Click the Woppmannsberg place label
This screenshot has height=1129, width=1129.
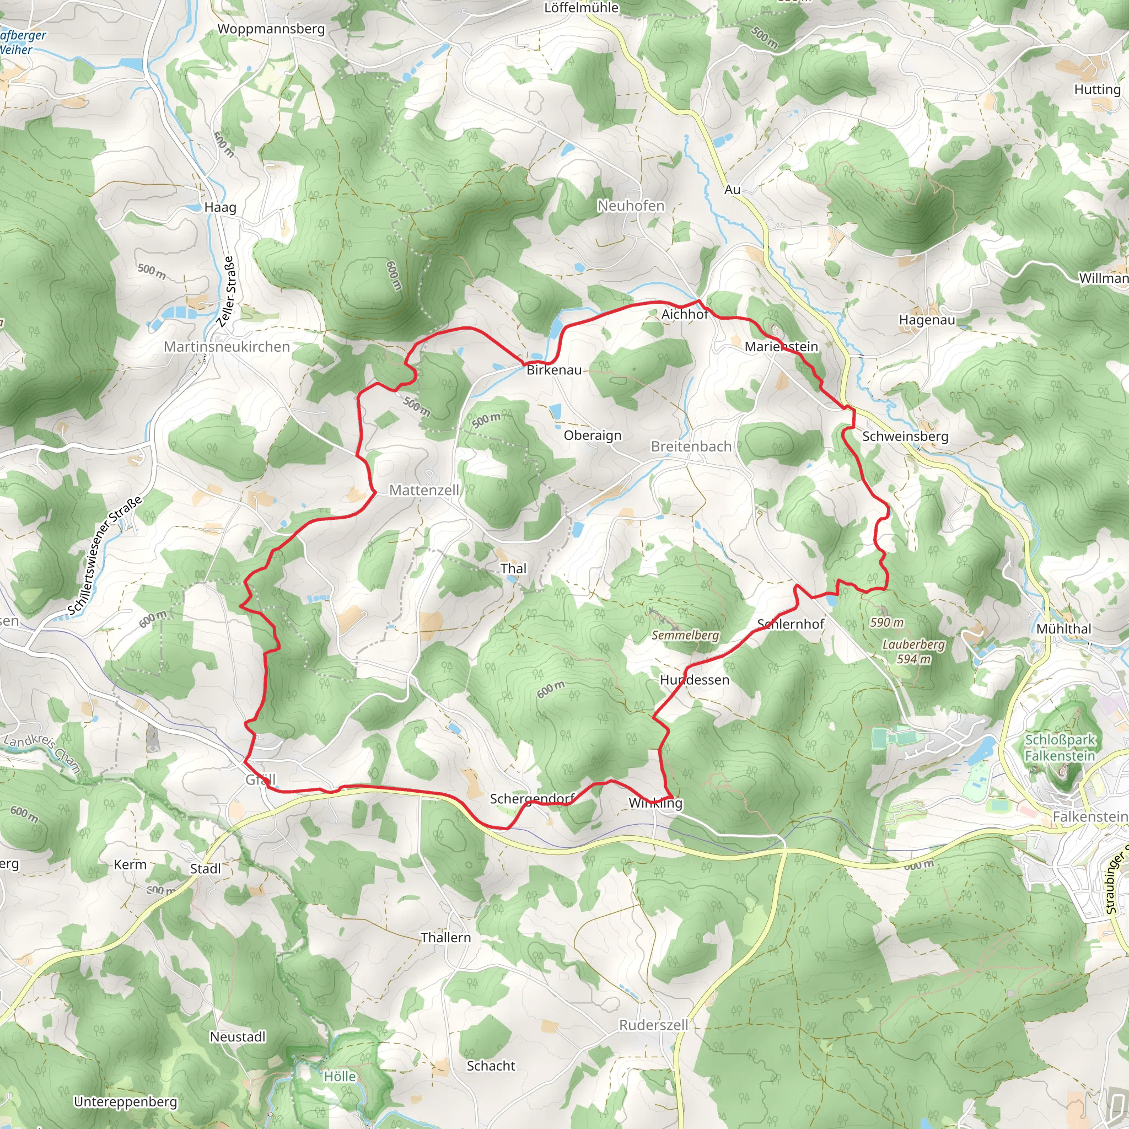(271, 29)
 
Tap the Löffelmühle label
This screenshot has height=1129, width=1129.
(581, 8)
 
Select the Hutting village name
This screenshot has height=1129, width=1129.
(1097, 89)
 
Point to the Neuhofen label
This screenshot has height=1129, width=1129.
(631, 206)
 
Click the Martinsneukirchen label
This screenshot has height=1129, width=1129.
(227, 347)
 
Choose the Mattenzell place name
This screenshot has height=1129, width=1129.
(424, 490)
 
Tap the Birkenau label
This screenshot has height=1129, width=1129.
(554, 370)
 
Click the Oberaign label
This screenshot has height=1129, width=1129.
(593, 436)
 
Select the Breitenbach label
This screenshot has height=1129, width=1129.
(691, 447)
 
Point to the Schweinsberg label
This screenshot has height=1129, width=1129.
(905, 436)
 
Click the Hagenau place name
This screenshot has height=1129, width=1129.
(927, 320)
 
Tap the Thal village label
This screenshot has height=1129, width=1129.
(513, 568)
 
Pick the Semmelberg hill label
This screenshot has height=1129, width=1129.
(685, 635)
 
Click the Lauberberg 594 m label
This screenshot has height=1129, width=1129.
(913, 652)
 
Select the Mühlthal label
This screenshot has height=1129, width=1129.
(1063, 629)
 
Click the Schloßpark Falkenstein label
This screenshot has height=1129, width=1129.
(1060, 748)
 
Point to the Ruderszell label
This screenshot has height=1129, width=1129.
(653, 1025)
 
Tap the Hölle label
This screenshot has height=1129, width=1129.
(340, 1077)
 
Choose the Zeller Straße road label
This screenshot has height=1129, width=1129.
(227, 291)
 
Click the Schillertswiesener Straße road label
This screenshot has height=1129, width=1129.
(105, 556)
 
